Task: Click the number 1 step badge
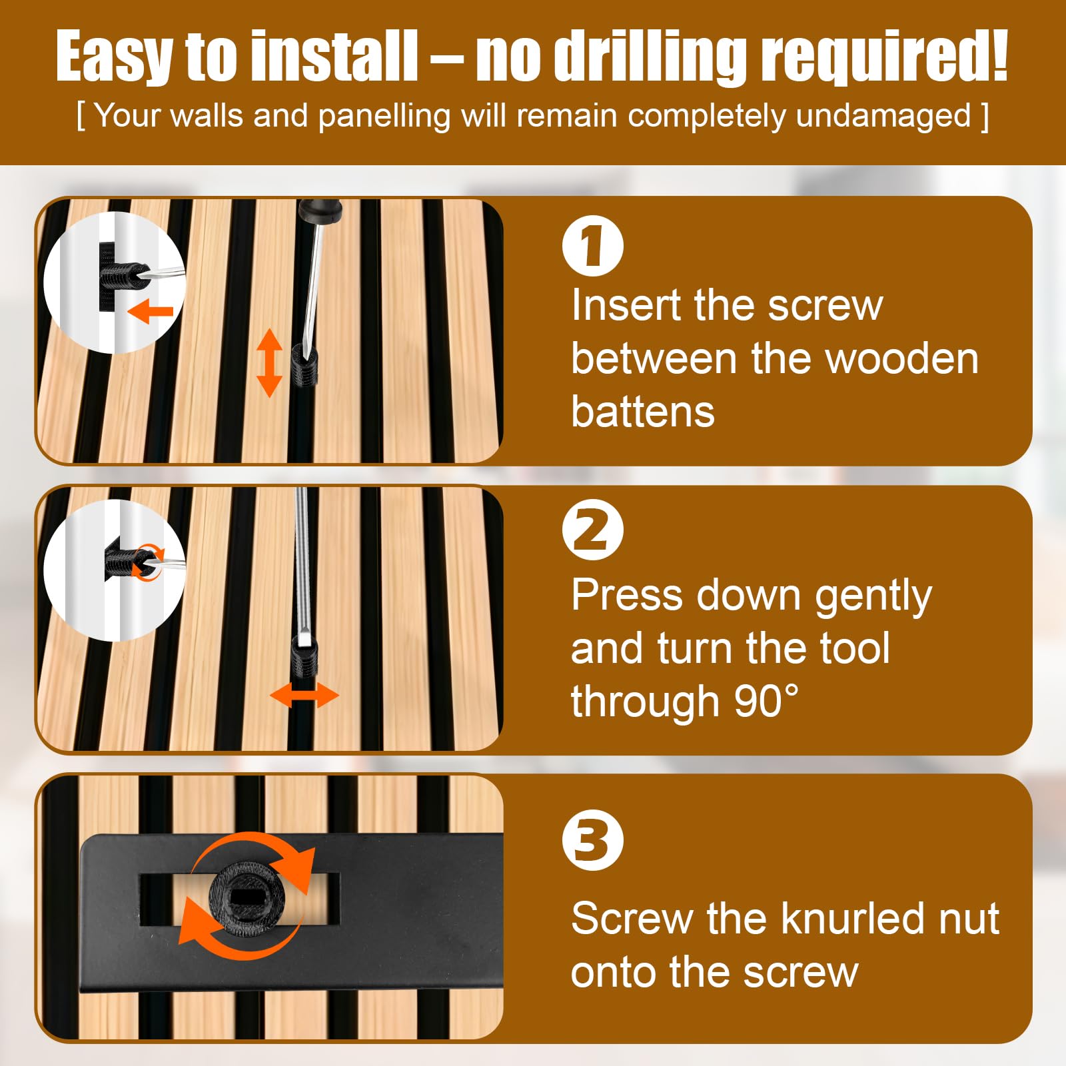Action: coord(592,245)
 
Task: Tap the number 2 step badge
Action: coord(592,530)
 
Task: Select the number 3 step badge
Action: coord(592,839)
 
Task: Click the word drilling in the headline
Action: coord(651,58)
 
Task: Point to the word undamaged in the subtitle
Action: coord(883,116)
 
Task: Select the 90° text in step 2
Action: coord(766,701)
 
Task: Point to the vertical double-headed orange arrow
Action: coord(269,362)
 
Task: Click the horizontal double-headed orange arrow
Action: coord(304,696)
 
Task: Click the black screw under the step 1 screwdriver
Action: coord(305,365)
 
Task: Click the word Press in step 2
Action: coord(626,594)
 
